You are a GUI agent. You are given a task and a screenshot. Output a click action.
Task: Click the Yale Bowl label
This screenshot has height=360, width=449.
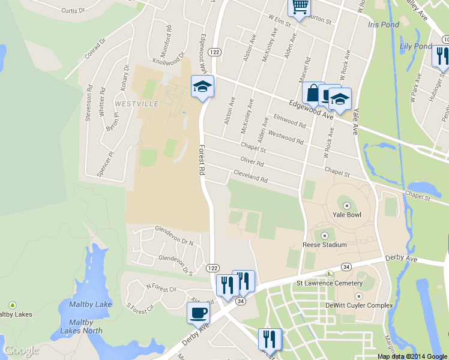pyautogui.click(x=346, y=214)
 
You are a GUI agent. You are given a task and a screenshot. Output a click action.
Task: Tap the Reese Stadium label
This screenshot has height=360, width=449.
pyautogui.click(x=325, y=244)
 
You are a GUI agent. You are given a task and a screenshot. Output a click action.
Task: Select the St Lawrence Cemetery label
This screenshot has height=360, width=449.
pyautogui.click(x=330, y=283)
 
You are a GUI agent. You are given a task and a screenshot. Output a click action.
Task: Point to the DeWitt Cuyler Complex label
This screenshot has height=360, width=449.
pyautogui.click(x=359, y=305)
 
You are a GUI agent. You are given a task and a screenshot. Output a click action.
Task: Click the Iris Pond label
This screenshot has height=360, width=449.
pyautogui.click(x=383, y=25)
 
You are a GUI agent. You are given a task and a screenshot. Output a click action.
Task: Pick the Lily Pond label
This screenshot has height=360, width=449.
pyautogui.click(x=415, y=46)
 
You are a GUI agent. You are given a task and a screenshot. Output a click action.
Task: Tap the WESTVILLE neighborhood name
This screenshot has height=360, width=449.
pyautogui.click(x=136, y=104)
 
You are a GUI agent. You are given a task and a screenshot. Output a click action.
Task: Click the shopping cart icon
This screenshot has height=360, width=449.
pyautogui.click(x=298, y=7)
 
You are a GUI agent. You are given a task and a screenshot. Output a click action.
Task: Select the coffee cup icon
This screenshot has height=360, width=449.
pyautogui.click(x=198, y=312)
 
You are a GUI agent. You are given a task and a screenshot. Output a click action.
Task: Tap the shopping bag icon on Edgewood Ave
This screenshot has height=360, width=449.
pyautogui.click(x=313, y=93)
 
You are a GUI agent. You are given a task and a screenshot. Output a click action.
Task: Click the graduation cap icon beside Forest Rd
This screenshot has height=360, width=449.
pyautogui.click(x=203, y=87)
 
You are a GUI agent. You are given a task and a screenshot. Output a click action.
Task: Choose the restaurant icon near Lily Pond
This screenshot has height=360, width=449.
pyautogui.click(x=441, y=56)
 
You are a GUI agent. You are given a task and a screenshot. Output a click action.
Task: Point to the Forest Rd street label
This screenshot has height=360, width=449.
pyautogui.click(x=202, y=160)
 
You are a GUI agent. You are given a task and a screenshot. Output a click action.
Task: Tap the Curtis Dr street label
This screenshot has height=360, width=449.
pyautogui.click(x=73, y=11)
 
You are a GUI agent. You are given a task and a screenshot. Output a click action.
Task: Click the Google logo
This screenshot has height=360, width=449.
pyautogui.click(x=21, y=351)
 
